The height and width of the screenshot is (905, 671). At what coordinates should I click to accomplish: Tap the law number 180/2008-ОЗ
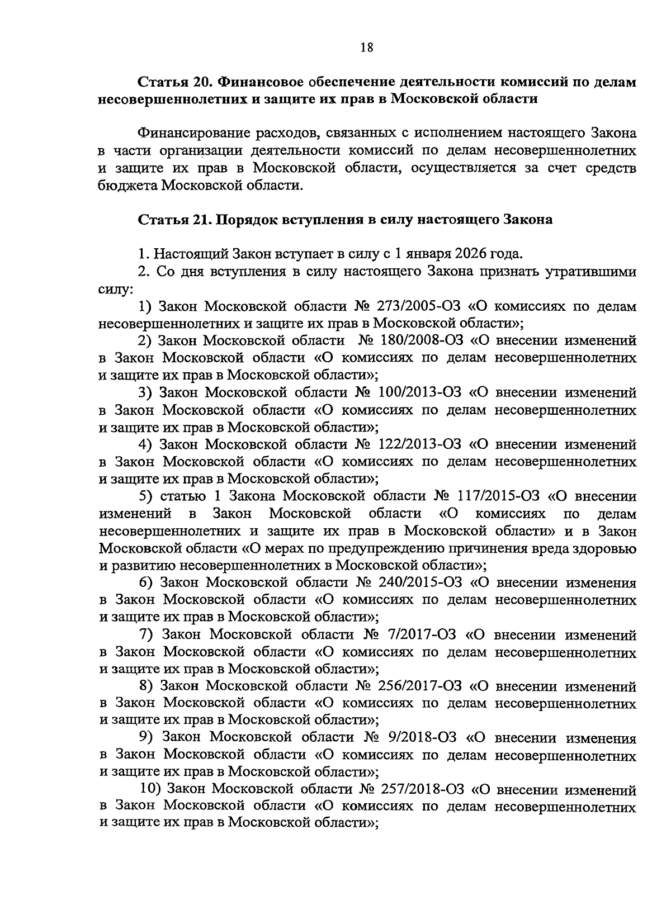(x=413, y=340)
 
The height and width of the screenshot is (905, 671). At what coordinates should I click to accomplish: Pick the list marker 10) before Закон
(x=149, y=790)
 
